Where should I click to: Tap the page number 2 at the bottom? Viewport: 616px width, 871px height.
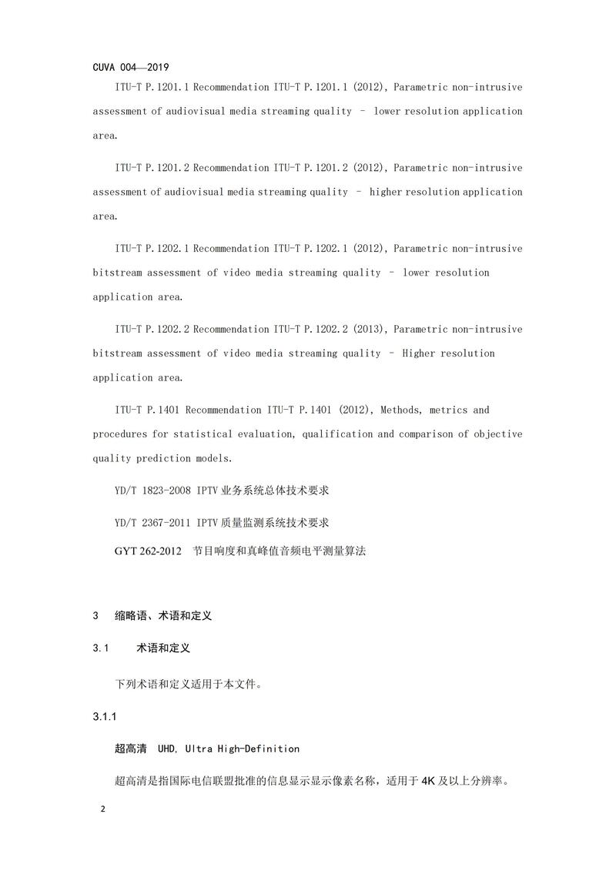pyautogui.click(x=103, y=810)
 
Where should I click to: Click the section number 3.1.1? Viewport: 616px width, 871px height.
pyautogui.click(x=104, y=717)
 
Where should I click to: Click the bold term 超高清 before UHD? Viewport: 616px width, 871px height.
pyautogui.click(x=130, y=749)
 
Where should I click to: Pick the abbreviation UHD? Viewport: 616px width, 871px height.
pyautogui.click(x=167, y=749)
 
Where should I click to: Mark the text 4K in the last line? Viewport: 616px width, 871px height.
pyautogui.click(x=429, y=781)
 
